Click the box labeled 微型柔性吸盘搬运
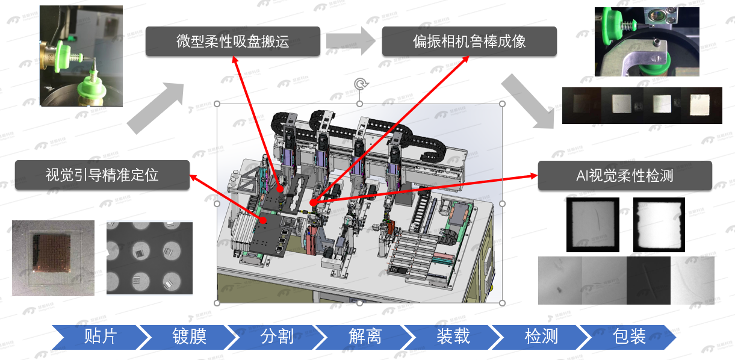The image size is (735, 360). click(x=233, y=42)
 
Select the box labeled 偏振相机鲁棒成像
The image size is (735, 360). click(x=469, y=42)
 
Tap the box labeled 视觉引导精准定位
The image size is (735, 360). click(x=102, y=175)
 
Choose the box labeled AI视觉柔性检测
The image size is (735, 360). click(x=624, y=176)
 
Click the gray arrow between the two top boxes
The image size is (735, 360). click(x=350, y=41)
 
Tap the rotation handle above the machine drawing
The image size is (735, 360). click(x=360, y=84)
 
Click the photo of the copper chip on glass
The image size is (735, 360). click(x=53, y=258)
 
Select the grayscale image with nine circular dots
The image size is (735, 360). click(x=149, y=258)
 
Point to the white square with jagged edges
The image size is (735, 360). click(x=659, y=225)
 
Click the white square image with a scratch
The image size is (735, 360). click(x=592, y=225)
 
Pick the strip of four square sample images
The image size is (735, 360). click(x=642, y=106)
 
